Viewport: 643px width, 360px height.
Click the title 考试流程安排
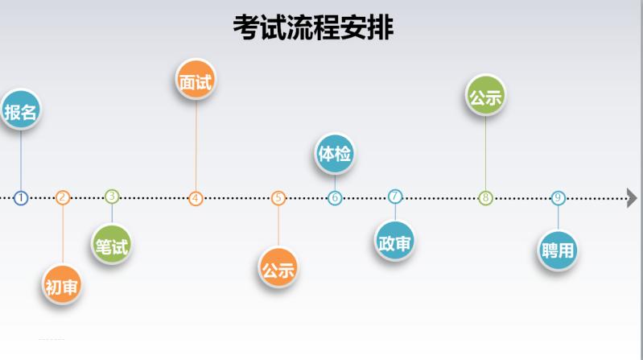click(313, 28)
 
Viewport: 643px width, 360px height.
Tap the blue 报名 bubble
click(20, 112)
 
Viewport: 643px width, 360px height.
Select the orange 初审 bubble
click(62, 285)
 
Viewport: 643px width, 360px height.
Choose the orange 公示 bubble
click(278, 269)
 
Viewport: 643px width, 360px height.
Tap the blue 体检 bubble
click(334, 153)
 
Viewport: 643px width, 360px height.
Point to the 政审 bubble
click(395, 242)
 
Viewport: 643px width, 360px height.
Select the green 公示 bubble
click(485, 97)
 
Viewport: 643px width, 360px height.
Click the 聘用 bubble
click(558, 250)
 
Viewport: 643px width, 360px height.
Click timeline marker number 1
click(21, 197)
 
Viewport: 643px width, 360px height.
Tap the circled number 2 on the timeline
click(63, 197)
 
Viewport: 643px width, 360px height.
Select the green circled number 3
click(112, 196)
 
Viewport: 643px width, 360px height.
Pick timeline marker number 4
click(196, 198)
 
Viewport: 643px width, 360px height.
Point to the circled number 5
click(278, 198)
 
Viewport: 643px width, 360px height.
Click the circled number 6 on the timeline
click(335, 198)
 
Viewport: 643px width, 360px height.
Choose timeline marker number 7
click(395, 197)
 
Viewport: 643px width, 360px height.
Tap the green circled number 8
click(485, 198)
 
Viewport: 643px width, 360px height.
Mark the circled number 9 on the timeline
click(558, 198)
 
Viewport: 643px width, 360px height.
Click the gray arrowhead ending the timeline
click(632, 198)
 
